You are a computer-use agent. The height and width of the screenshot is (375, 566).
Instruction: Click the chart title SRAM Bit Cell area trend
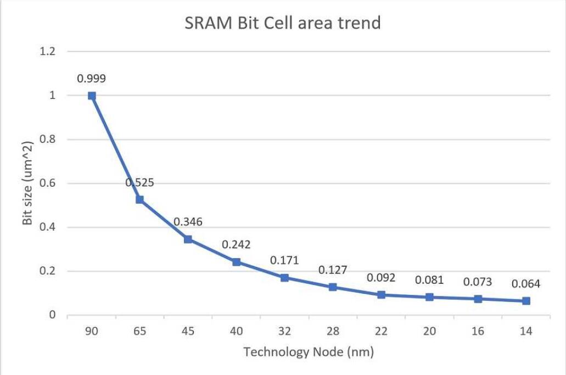tap(282, 24)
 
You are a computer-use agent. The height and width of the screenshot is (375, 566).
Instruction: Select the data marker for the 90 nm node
tap(92, 96)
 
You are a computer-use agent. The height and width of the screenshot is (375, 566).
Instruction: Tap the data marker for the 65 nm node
tap(140, 200)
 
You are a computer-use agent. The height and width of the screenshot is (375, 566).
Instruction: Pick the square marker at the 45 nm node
tap(188, 239)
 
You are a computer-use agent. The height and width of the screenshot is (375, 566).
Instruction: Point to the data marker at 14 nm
tap(526, 301)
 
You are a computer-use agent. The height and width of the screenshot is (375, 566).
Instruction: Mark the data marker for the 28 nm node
tap(333, 287)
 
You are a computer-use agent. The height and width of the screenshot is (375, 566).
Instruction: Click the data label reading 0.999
tap(91, 79)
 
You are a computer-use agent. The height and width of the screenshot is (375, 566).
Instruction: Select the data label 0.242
tap(236, 244)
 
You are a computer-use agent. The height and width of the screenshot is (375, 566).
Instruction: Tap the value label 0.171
tap(284, 260)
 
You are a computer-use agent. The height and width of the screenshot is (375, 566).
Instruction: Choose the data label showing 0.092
tap(381, 278)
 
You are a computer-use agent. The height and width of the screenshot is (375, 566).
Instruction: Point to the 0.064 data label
tap(526, 284)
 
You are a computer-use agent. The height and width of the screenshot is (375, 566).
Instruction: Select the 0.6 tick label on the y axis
tap(48, 183)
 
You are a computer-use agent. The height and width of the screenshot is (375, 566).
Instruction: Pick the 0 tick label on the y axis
tap(52, 315)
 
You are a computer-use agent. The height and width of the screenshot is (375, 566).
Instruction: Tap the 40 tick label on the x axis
tap(236, 332)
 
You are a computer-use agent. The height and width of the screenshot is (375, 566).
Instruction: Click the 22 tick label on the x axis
tap(381, 332)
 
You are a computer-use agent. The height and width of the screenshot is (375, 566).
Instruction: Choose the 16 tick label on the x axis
tap(478, 332)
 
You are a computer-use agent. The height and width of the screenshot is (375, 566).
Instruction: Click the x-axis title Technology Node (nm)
tap(309, 352)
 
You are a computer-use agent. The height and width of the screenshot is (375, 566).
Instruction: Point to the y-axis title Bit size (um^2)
tap(28, 183)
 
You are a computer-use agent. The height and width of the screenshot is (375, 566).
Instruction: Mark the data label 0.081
tap(429, 280)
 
